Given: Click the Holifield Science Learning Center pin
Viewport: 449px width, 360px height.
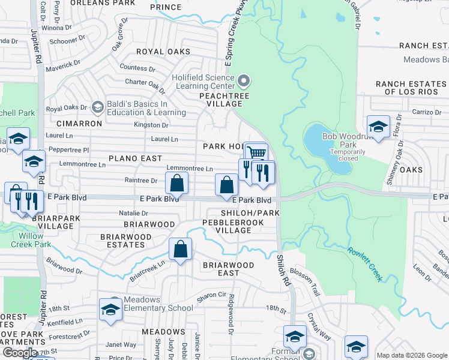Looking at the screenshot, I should tap(244, 80).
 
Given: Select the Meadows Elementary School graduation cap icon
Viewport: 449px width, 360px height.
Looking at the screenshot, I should tap(110, 308).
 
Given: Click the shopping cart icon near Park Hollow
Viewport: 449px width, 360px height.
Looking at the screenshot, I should tap(256, 151).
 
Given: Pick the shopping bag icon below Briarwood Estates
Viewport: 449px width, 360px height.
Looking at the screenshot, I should tap(180, 248).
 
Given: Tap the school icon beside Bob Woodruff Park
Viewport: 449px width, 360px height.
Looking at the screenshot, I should tap(378, 126).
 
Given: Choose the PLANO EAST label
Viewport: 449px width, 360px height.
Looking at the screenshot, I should tap(135, 158).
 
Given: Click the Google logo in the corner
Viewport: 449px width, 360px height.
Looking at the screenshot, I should tap(20, 353).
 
